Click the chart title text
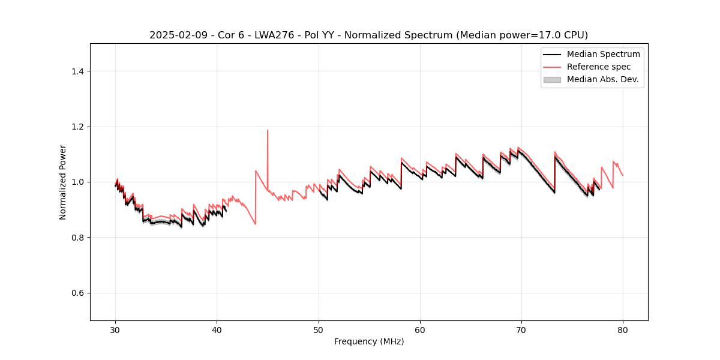pyautogui.click(x=368, y=35)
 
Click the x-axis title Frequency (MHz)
pyautogui.click(x=369, y=341)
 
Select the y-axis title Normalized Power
pyautogui.click(x=63, y=182)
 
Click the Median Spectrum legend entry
pyautogui.click(x=603, y=54)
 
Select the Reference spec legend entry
pyautogui.click(x=599, y=67)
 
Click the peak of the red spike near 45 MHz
pyautogui.click(x=268, y=130)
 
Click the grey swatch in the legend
pyautogui.click(x=552, y=79)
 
